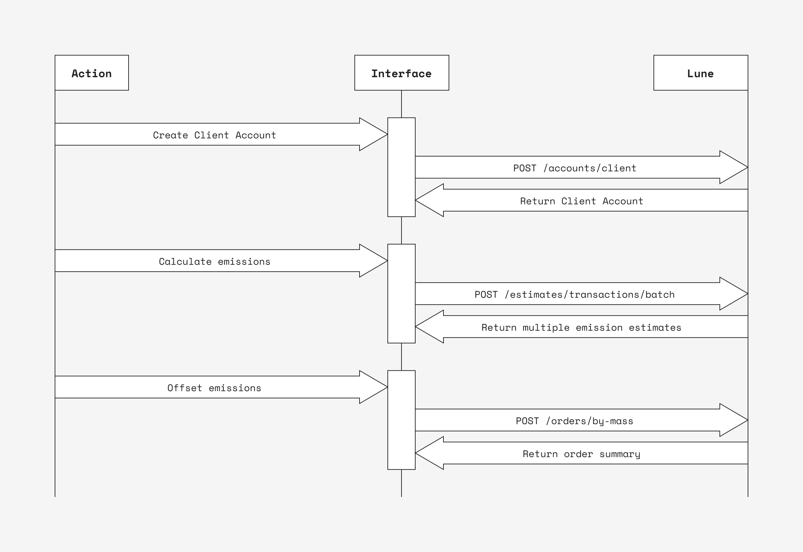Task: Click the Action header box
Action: point(92,73)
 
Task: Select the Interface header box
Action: point(401,73)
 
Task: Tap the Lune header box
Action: point(701,73)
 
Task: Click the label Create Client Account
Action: point(214,135)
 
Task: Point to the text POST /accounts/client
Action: point(574,168)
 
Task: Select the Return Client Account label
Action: point(582,201)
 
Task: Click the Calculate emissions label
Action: point(214,261)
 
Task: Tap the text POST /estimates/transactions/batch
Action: point(574,294)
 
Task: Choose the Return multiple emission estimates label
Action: point(582,327)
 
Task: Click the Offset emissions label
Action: point(214,388)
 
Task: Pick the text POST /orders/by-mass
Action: point(574,420)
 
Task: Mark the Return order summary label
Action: point(582,454)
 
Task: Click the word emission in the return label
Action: point(599,327)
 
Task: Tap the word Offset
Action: point(185,388)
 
